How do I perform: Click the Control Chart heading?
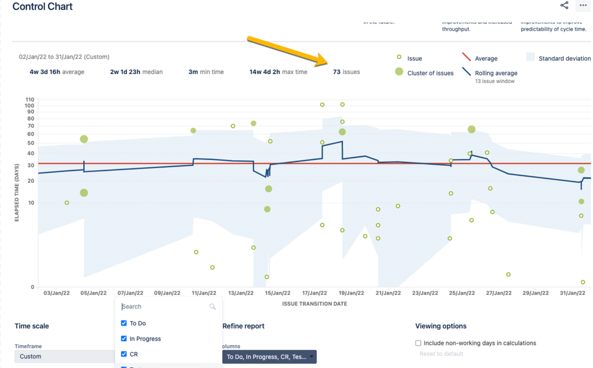pyautogui.click(x=42, y=7)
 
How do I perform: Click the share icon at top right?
pyautogui.click(x=564, y=5)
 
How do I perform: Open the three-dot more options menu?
pyautogui.click(x=583, y=5)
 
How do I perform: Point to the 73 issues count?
pyautogui.click(x=346, y=72)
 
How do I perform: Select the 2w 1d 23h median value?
pyautogui.click(x=136, y=72)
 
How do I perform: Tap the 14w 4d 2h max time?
pyautogui.click(x=278, y=72)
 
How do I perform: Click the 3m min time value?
pyautogui.click(x=206, y=72)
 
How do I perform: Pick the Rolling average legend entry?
pyautogui.click(x=496, y=73)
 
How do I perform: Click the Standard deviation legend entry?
pyautogui.click(x=564, y=58)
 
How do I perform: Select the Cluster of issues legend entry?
pyautogui.click(x=430, y=73)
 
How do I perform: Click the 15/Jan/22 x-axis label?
pyautogui.click(x=277, y=293)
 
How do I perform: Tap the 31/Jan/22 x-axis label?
pyautogui.click(x=572, y=293)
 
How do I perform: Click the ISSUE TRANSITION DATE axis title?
pyautogui.click(x=315, y=304)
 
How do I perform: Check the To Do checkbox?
pyautogui.click(x=124, y=323)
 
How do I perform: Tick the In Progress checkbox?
pyautogui.click(x=124, y=339)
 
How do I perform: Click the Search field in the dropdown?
pyautogui.click(x=165, y=307)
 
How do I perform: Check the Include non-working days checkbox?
pyautogui.click(x=418, y=343)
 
